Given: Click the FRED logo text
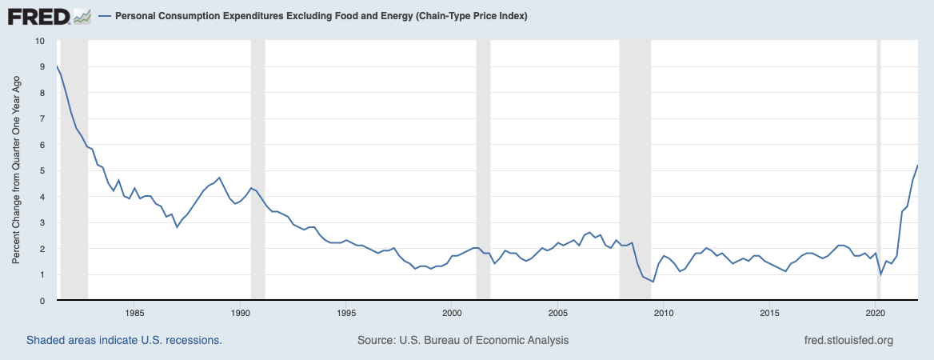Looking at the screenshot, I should (37, 15).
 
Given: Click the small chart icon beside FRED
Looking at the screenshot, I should (82, 15).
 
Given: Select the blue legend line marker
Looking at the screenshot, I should (105, 16).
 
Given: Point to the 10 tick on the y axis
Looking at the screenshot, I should (40, 41).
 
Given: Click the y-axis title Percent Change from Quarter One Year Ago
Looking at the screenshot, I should (17, 171).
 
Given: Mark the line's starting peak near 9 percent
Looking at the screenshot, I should (58, 66).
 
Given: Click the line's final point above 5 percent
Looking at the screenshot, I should (917, 166).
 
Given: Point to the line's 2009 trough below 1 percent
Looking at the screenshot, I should (653, 282).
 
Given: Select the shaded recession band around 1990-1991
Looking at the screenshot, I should (257, 171).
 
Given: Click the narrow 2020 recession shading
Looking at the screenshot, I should (880, 171).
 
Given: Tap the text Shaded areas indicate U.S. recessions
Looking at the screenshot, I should (124, 340).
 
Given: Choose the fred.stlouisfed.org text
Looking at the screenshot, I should (848, 340).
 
